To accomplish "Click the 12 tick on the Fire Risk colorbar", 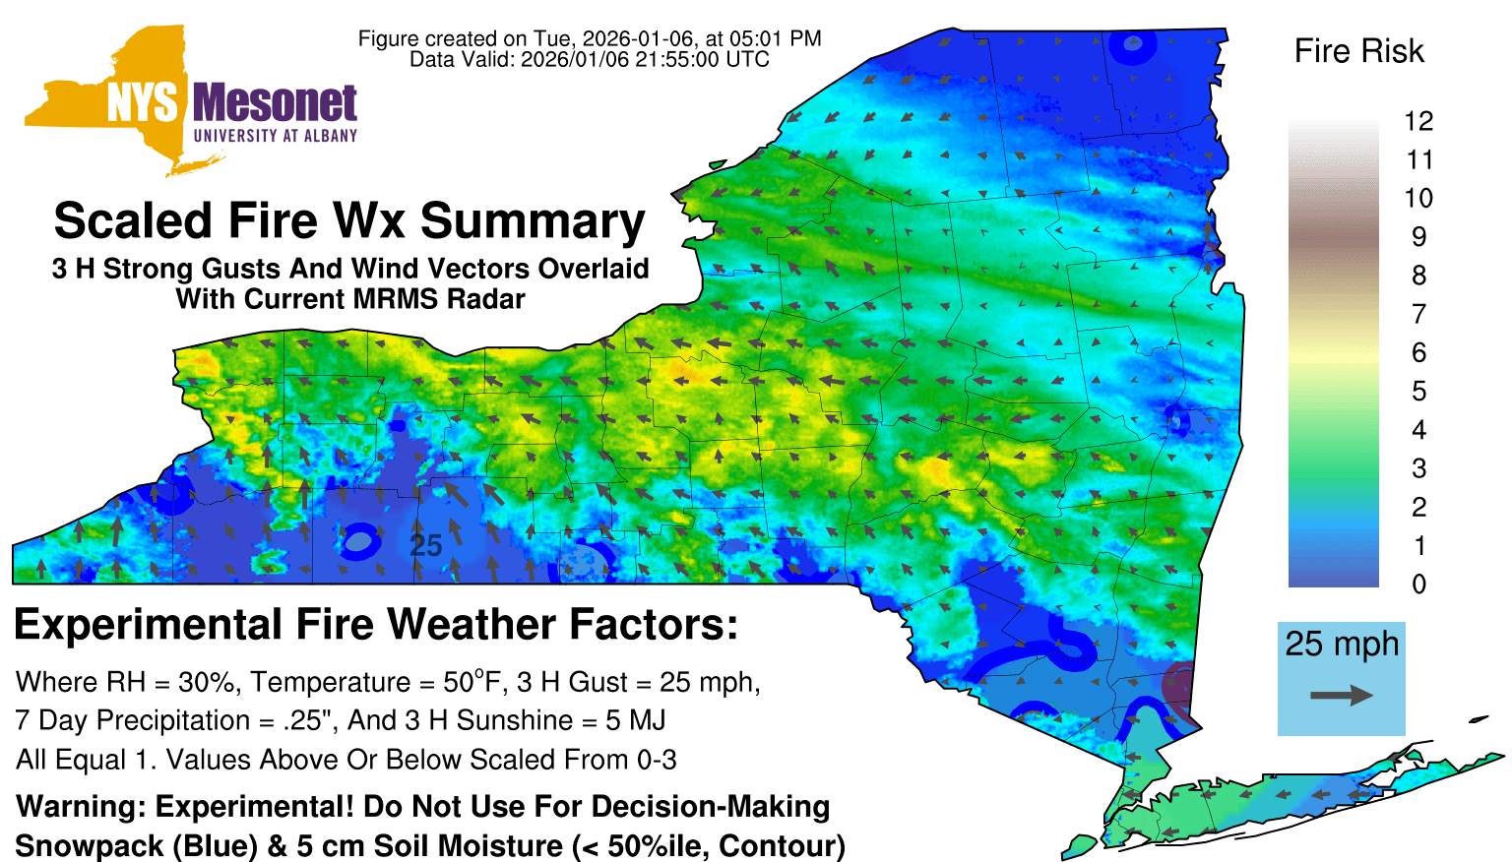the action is pos(1418,121).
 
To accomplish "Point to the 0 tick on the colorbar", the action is pos(1418,585).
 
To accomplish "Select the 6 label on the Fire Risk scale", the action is pos(1418,352).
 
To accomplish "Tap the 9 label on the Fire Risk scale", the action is pos(1418,237).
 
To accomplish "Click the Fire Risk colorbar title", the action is pos(1358,51).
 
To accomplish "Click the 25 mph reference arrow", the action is pos(1342,696).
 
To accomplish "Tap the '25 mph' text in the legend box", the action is pos(1342,644).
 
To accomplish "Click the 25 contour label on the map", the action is pos(425,546).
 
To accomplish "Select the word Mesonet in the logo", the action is pos(275,103).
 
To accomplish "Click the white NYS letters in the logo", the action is pos(143,103).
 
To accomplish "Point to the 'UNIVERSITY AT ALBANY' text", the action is pos(276,136).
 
